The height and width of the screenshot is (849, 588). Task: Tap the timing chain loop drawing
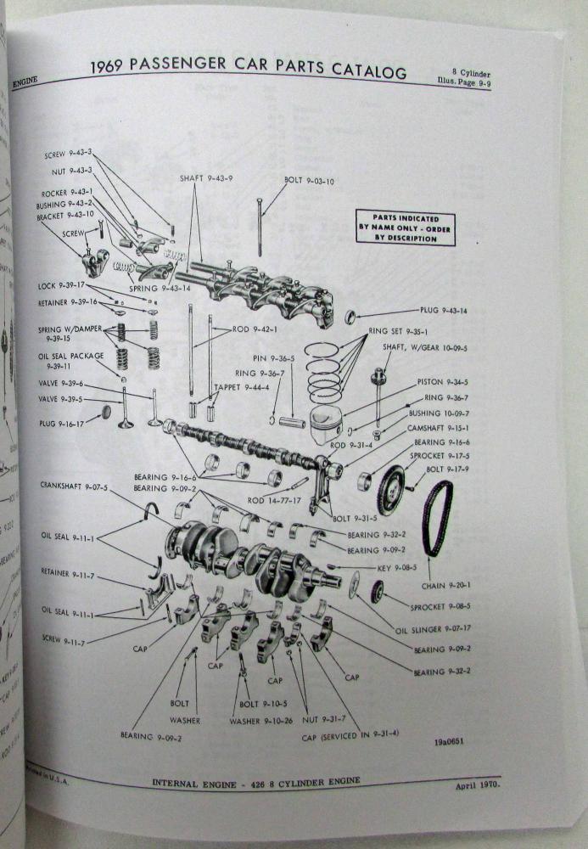point(438,518)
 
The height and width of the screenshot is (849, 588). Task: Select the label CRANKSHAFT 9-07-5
point(75,486)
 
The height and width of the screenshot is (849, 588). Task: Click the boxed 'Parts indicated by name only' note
point(404,228)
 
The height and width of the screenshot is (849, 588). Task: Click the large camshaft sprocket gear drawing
point(390,491)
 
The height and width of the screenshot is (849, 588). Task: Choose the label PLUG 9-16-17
point(62,422)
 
